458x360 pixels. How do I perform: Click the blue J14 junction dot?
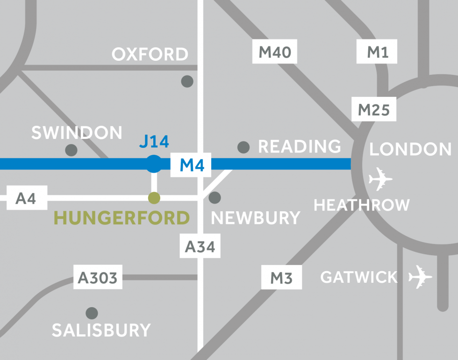pos(154,164)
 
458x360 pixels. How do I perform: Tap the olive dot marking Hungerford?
pos(154,198)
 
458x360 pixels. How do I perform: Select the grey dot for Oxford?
pos(187,81)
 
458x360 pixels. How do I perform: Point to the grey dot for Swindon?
pos(71,150)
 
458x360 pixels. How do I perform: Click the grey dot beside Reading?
pos(243,147)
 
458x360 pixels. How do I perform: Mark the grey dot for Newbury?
pos(215,197)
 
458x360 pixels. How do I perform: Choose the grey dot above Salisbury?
pos(92,313)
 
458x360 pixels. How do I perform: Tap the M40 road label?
pos(275,52)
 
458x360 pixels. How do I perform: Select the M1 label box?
pos(377,52)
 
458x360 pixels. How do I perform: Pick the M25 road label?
pos(373,110)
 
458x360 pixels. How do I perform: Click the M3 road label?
pos(281,278)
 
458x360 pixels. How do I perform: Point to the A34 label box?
pos(200,246)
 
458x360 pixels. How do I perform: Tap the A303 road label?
pos(98,278)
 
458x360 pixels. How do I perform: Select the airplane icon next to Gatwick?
pos(420,277)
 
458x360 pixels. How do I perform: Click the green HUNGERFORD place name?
pos(122,218)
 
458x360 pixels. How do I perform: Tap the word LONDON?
pos(411,149)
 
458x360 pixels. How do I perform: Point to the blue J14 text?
pos(154,141)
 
